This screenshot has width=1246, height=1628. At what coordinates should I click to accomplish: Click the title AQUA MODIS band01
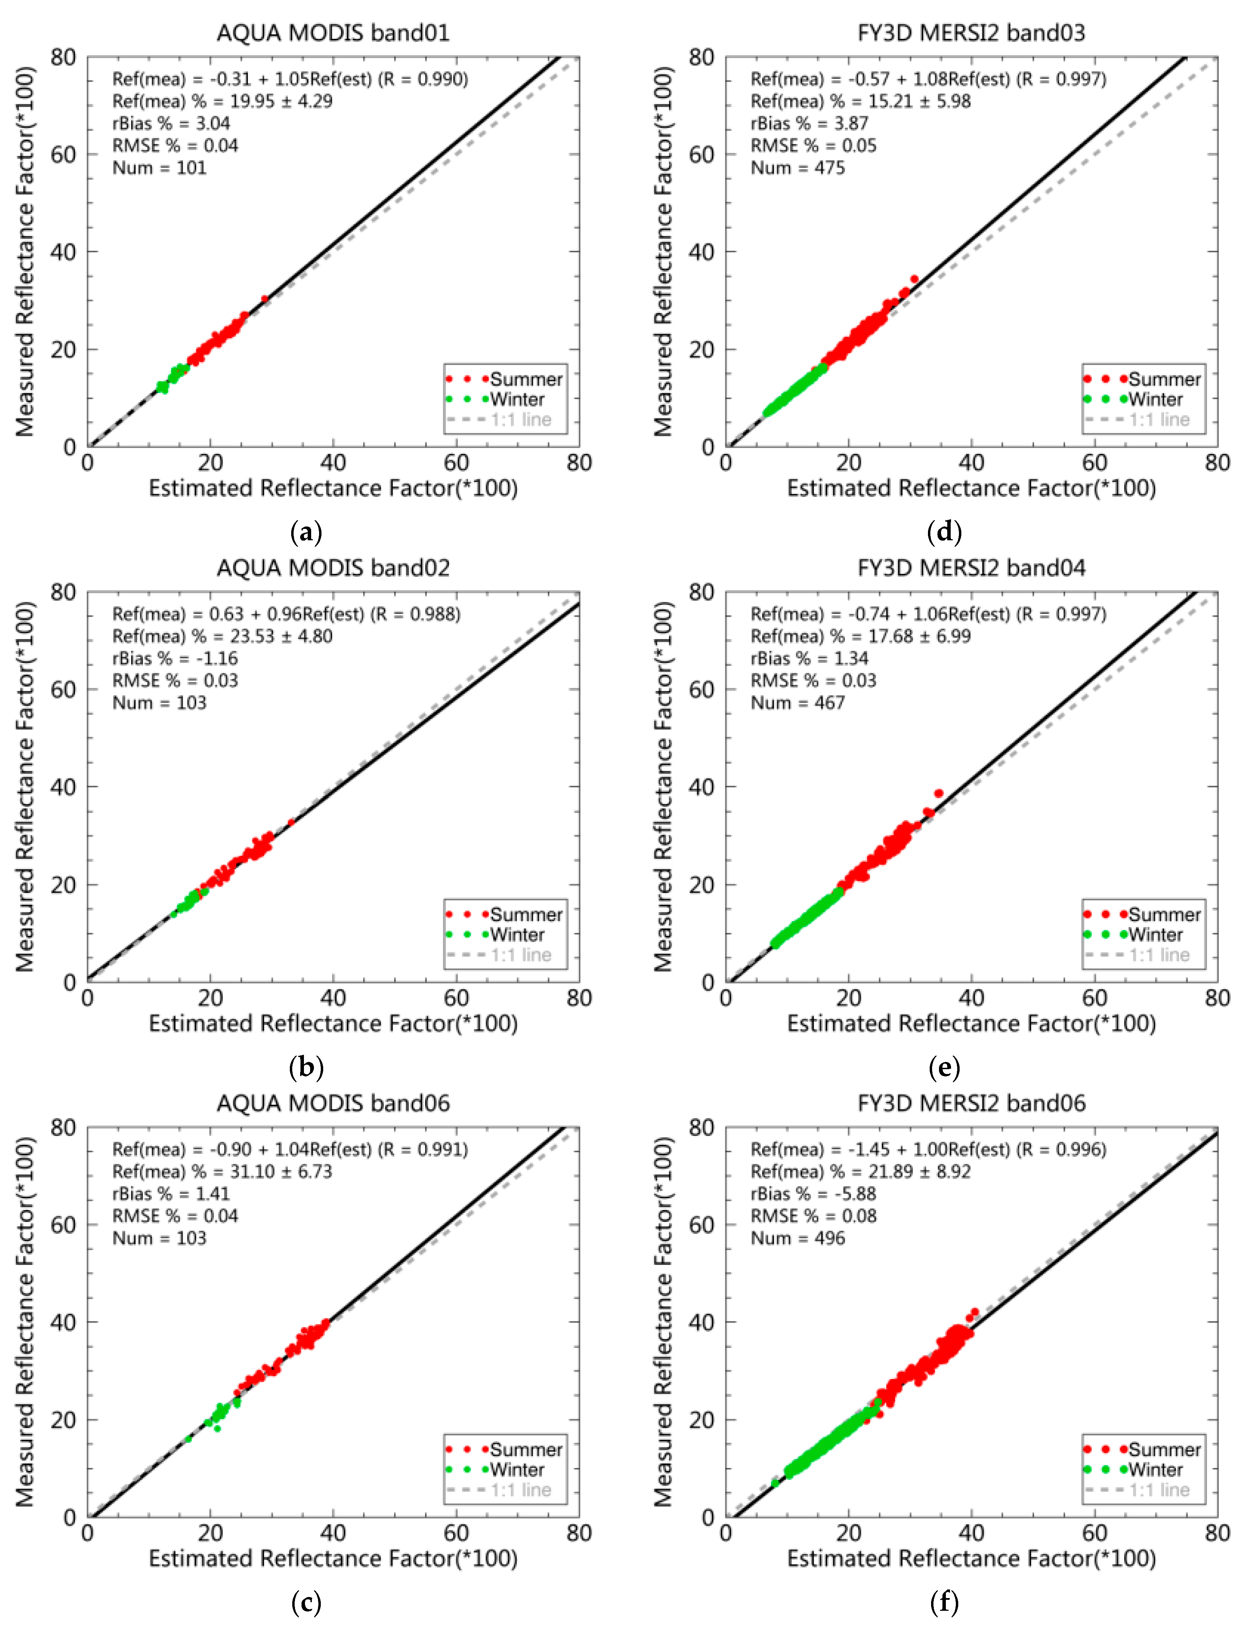pos(333,33)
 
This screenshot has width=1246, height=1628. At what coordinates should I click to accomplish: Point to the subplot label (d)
pos(944,532)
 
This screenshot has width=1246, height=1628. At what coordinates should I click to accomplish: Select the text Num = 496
pos(798,1238)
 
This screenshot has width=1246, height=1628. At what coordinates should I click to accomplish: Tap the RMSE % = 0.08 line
pos(813,1216)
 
